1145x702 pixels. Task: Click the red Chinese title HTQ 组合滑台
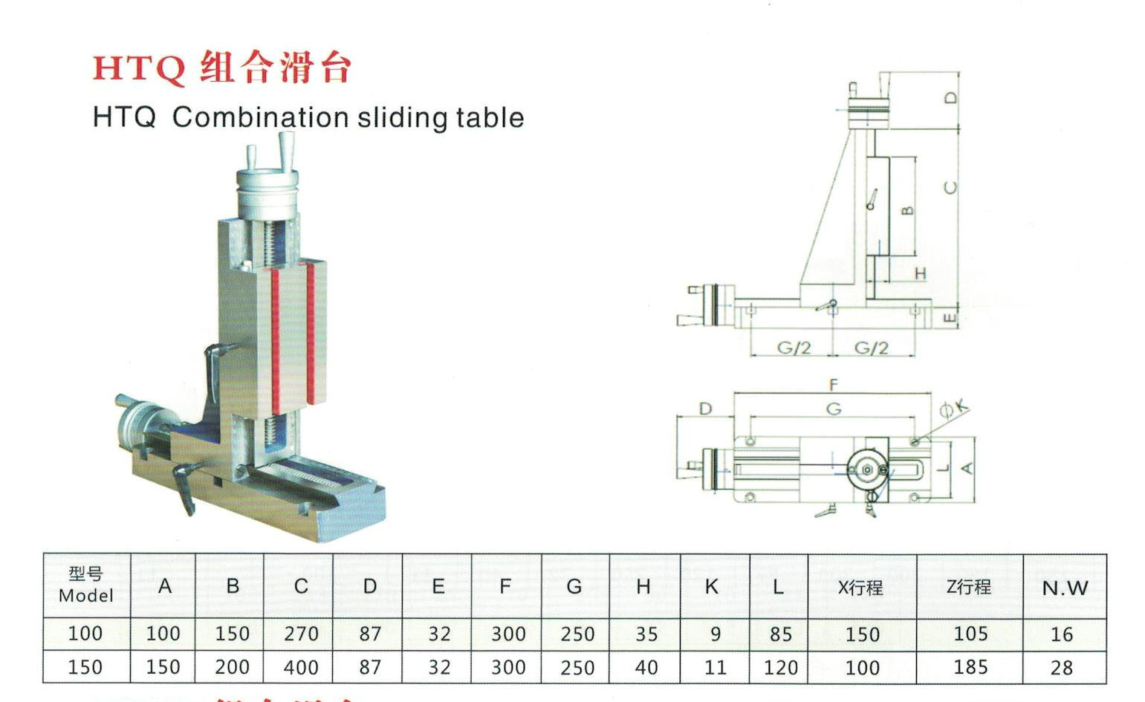coord(221,68)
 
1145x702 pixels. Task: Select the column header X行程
coord(860,588)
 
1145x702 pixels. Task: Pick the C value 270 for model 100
coord(301,634)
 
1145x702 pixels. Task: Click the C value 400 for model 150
coord(301,667)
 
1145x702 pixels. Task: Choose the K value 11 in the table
coord(715,667)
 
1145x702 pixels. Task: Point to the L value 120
coord(779,667)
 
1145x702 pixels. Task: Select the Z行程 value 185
coord(970,667)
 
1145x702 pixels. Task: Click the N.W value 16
coord(1062,634)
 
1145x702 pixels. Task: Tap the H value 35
coord(646,634)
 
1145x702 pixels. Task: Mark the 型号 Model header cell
coord(86,585)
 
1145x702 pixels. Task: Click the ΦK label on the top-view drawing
coord(954,408)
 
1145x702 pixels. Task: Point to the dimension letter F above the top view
coord(834,385)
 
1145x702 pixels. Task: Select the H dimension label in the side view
coord(920,274)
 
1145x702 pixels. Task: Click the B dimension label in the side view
coord(907,210)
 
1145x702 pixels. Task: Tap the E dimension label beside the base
coord(949,318)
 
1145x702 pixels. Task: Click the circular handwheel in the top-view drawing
coord(867,469)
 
